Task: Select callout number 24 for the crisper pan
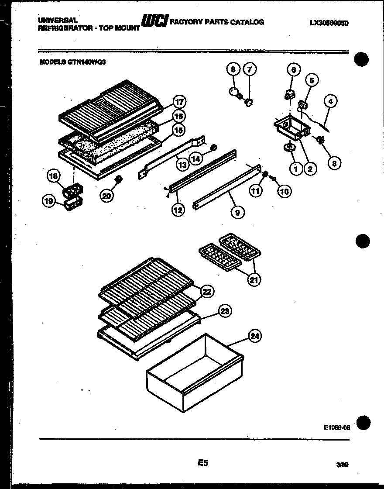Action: pyautogui.click(x=255, y=336)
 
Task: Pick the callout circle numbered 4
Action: pyautogui.click(x=331, y=102)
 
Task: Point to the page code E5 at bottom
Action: pyautogui.click(x=203, y=463)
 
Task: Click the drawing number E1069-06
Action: pyautogui.click(x=337, y=428)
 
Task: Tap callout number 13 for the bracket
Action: pyautogui.click(x=183, y=164)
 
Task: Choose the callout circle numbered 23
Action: pyautogui.click(x=225, y=311)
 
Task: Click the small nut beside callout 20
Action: pyautogui.click(x=118, y=179)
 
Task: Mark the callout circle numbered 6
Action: pyautogui.click(x=293, y=70)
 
